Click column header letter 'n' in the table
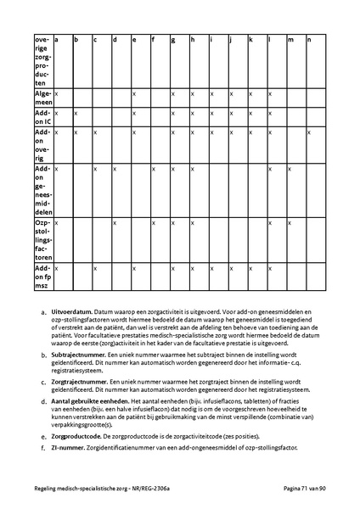tap(309, 40)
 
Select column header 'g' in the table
tap(173, 40)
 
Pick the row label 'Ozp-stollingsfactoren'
tap(42, 238)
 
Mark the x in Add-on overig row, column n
tap(309, 132)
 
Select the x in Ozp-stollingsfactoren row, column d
tap(115, 223)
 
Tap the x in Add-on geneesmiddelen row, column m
tap(290, 169)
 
